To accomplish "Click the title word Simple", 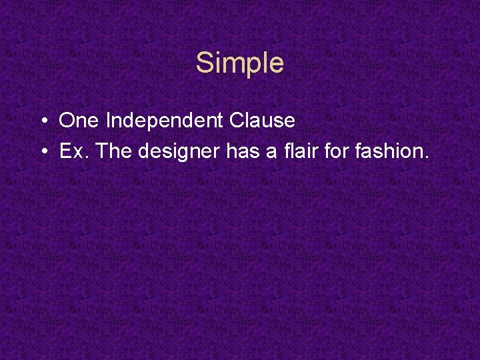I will pos(240,63).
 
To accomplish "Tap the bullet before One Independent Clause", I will pos(42,121).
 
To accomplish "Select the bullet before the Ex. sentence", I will pos(42,152).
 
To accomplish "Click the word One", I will pos(80,121).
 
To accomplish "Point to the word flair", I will pos(301,151).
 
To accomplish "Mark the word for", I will pos(338,151).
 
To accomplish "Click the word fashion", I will pos(390,151).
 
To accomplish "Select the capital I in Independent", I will pos(109,121).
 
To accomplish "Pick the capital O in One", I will pos(67,121).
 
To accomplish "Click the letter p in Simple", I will pos(249,65).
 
